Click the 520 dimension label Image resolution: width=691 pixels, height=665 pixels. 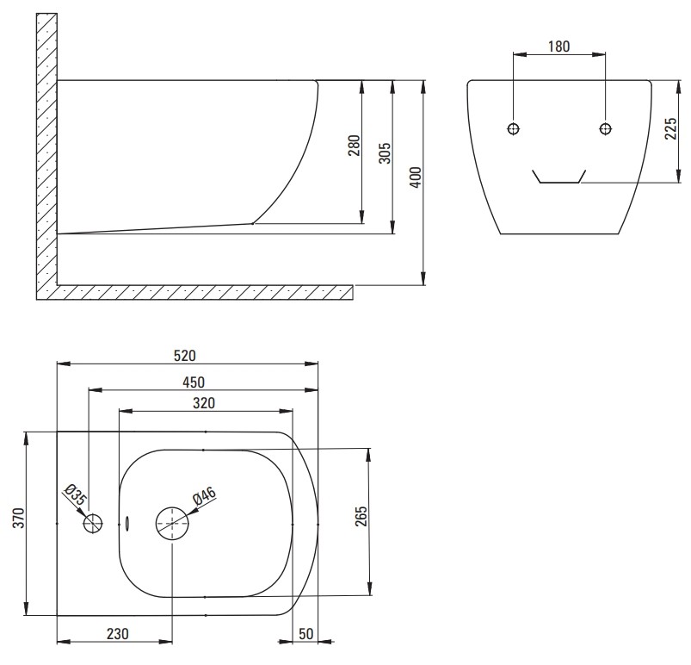[185, 356]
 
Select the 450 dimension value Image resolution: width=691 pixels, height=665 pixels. [194, 382]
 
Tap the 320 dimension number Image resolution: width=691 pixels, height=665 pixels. [204, 403]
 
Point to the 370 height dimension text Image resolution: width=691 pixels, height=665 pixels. [19, 518]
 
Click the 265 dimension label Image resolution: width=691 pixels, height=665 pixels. [361, 516]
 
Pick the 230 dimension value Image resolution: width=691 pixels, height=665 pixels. [118, 634]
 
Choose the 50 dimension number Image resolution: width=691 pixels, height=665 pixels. [305, 634]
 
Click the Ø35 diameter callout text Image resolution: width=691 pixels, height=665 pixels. [76, 494]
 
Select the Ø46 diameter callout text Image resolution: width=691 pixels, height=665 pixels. [205, 496]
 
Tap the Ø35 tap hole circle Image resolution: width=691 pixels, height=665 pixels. [93, 524]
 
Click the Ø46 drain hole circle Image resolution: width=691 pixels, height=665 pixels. [172, 524]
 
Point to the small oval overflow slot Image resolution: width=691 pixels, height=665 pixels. [127, 524]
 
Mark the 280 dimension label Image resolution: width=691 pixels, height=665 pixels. [355, 146]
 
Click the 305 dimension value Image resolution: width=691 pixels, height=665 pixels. [385, 153]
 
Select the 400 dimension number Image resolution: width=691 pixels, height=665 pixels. [416, 177]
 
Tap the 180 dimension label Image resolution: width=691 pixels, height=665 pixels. [558, 47]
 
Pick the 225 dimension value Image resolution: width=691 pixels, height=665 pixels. [670, 129]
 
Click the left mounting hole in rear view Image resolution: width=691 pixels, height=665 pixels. [514, 128]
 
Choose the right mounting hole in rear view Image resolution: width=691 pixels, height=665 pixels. [606, 128]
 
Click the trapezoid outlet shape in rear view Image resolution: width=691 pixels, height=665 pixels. [558, 183]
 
